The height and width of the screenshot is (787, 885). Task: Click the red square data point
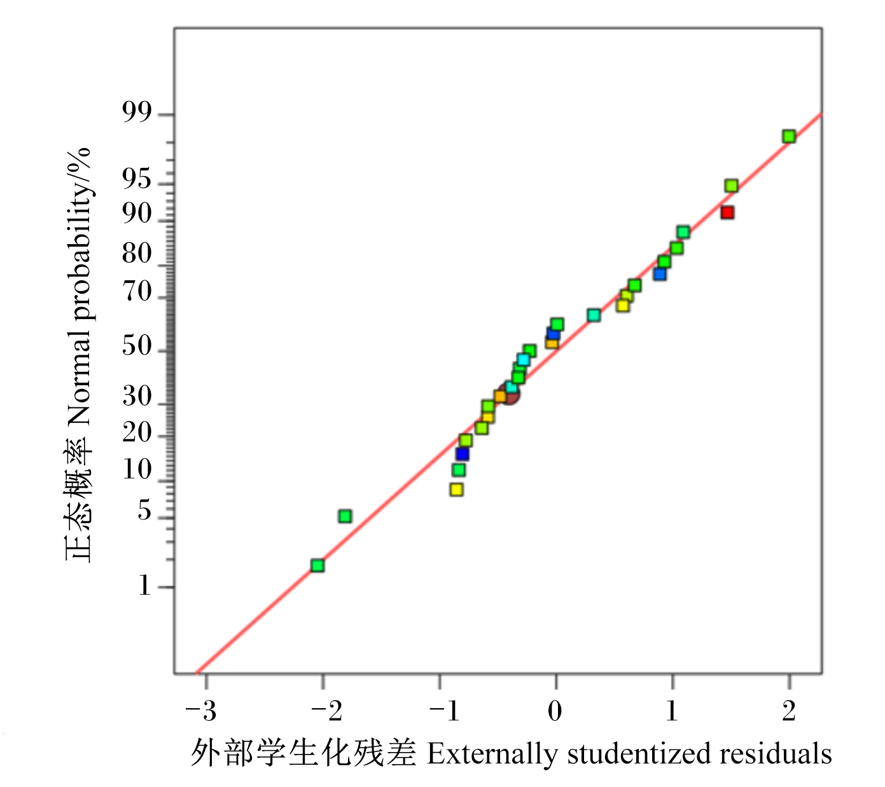pyautogui.click(x=727, y=212)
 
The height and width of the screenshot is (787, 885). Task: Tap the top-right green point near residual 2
pyautogui.click(x=788, y=137)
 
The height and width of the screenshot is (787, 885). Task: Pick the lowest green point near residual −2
pyautogui.click(x=317, y=566)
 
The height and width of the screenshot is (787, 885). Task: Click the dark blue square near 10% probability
pyautogui.click(x=462, y=454)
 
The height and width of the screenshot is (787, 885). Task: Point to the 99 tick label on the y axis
pyautogui.click(x=137, y=113)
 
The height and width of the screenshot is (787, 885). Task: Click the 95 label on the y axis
pyautogui.click(x=137, y=179)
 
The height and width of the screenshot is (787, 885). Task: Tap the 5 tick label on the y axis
pyautogui.click(x=144, y=510)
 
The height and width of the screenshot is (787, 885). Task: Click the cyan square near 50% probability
pyautogui.click(x=524, y=360)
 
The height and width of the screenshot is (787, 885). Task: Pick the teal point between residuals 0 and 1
pyautogui.click(x=594, y=315)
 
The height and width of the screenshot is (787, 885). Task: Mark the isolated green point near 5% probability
pyautogui.click(x=345, y=516)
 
